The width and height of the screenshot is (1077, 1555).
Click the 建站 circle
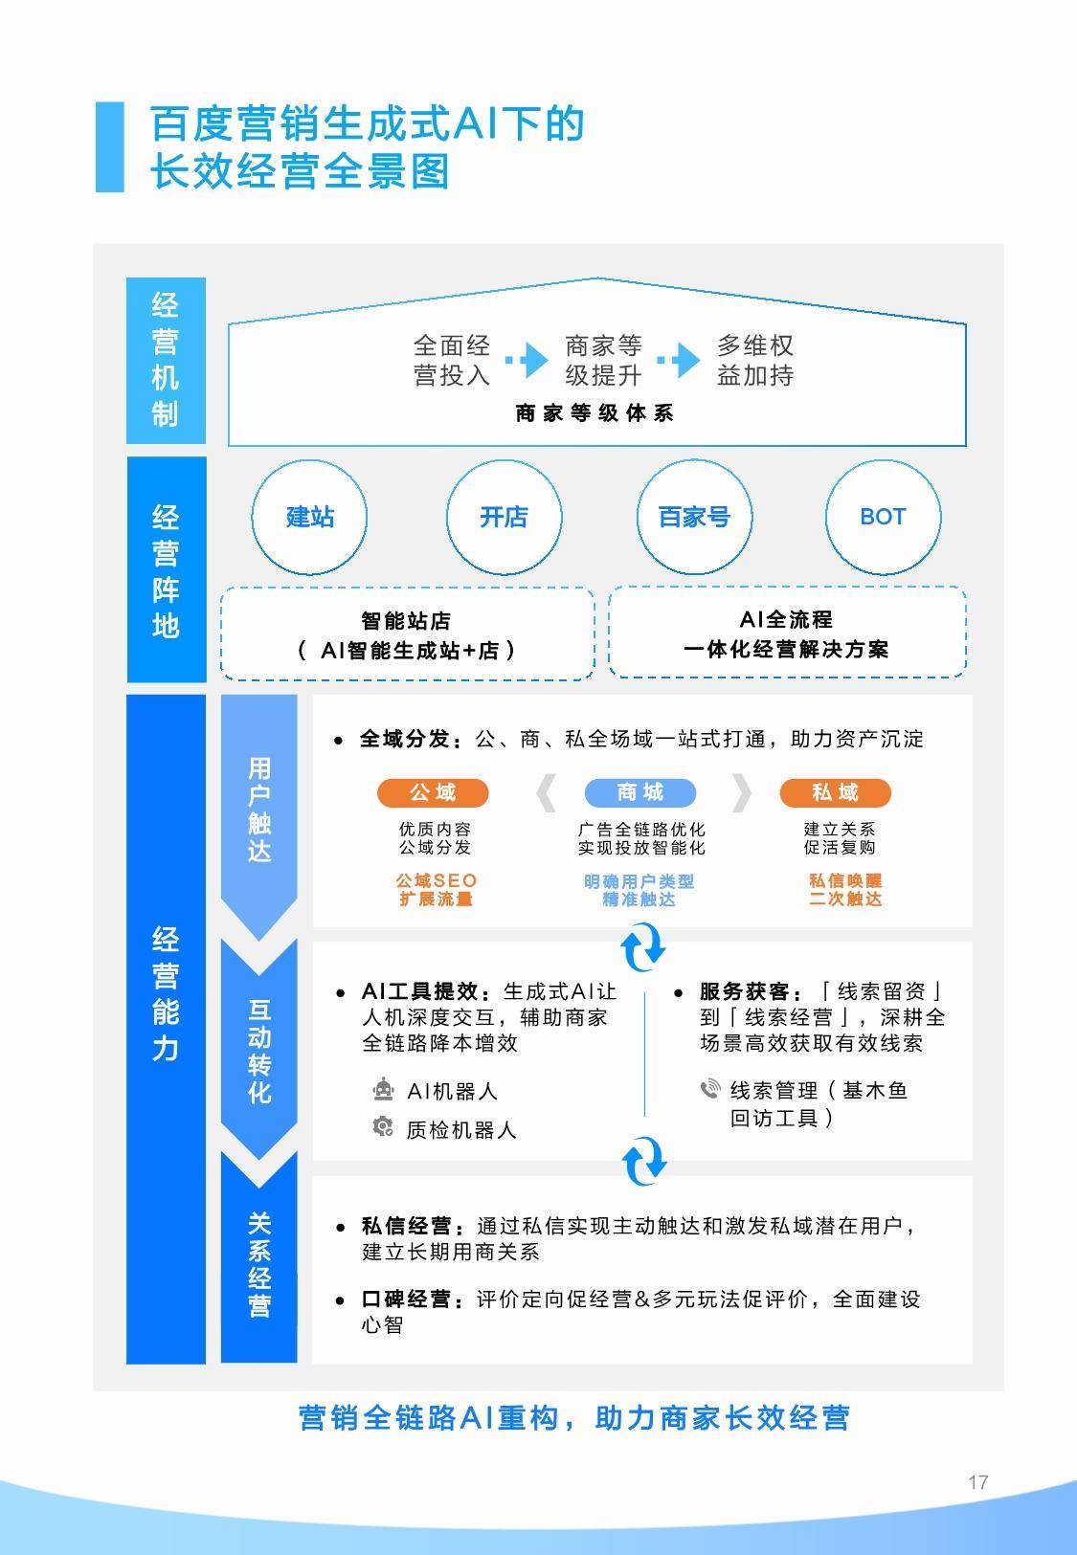[309, 517]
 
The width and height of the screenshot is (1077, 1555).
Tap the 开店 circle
[504, 517]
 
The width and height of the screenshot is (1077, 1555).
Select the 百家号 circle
[694, 517]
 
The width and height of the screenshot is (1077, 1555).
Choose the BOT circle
[884, 517]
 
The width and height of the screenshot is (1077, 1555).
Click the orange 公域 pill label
[433, 792]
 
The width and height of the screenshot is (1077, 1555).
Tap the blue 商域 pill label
[640, 792]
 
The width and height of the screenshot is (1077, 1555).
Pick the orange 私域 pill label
[836, 792]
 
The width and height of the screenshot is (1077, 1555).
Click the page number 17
[978, 1482]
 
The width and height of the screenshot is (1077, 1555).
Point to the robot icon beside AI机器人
[383, 1089]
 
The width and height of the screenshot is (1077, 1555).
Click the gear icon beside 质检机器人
[383, 1126]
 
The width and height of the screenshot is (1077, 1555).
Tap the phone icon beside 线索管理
[710, 1089]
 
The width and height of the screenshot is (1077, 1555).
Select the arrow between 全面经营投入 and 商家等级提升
[527, 360]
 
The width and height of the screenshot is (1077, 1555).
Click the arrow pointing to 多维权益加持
[679, 360]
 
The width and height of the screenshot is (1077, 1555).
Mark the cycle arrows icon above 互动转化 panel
[643, 947]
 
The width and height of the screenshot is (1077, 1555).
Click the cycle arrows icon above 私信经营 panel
[643, 1162]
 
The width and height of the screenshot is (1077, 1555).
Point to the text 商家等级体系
[595, 413]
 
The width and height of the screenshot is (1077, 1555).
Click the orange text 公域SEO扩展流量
[437, 890]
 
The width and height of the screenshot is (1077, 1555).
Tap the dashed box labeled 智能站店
[408, 633]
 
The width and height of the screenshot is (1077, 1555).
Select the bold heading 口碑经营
[406, 1299]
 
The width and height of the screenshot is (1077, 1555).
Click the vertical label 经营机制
[166, 361]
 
